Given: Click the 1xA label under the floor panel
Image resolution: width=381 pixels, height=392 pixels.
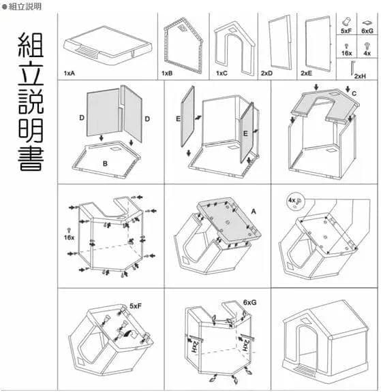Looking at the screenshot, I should [x=69, y=71].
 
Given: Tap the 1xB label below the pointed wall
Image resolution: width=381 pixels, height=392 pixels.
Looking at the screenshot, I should [x=167, y=71].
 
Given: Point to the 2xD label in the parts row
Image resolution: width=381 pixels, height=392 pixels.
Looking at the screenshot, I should [x=266, y=71].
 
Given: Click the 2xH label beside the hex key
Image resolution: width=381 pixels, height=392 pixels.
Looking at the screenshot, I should [x=359, y=76].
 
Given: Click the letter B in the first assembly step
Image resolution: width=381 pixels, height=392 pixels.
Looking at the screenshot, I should [x=106, y=163].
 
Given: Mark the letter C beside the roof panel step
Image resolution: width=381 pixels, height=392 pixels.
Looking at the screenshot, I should [x=352, y=93].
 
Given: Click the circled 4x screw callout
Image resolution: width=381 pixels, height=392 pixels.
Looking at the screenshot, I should [x=294, y=201].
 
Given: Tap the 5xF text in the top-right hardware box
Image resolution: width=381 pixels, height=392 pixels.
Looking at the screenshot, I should [x=347, y=31].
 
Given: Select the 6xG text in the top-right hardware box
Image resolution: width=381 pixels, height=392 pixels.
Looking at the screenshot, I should [x=367, y=31].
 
